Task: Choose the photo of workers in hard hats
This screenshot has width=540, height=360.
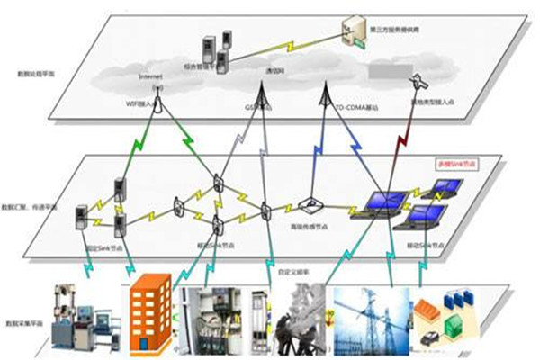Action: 301,319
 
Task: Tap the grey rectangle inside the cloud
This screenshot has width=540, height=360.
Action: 383,70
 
